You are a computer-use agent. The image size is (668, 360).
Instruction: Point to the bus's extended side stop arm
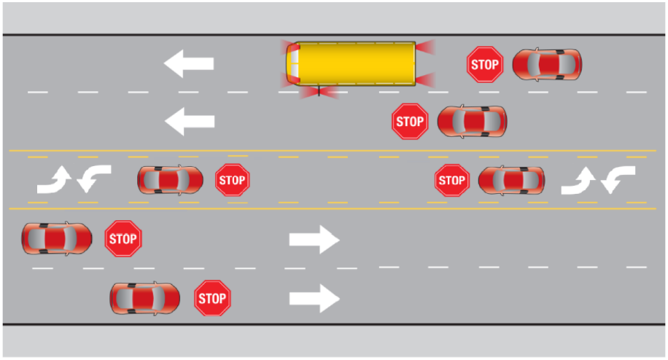pos(319,92)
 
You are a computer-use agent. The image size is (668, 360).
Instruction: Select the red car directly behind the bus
pos(547,65)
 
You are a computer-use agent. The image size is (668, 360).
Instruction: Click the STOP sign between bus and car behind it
pos(484,65)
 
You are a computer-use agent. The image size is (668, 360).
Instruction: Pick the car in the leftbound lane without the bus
pos(472,121)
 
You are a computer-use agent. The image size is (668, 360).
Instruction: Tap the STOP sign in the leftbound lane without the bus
pos(410,121)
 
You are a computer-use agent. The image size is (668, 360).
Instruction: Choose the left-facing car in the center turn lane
pos(510,180)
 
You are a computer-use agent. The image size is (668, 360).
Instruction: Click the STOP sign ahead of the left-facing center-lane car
pos(452,180)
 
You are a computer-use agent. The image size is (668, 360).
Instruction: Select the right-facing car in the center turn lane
pos(170,179)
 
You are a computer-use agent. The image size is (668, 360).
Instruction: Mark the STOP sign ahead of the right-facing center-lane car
pos(233,179)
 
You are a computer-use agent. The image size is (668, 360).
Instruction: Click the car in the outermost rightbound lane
pos(144,297)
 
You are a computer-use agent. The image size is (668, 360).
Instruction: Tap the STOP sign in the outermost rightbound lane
pos(212,298)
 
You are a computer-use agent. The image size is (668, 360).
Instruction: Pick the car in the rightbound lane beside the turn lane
pos(56,238)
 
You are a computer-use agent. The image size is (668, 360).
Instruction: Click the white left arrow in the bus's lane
pos(189,63)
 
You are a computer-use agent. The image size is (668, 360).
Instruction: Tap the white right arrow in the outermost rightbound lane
pos(314,297)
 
